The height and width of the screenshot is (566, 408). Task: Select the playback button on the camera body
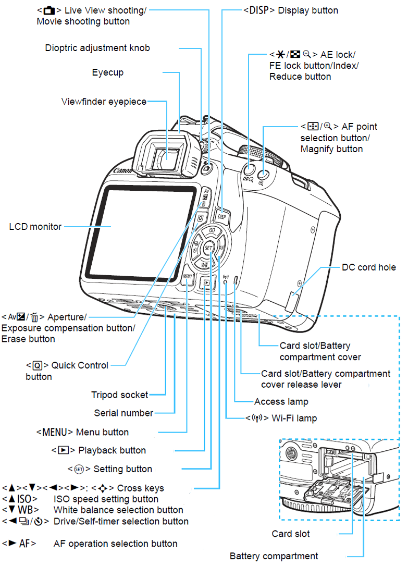point(207,283)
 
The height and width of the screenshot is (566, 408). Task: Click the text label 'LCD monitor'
point(35,227)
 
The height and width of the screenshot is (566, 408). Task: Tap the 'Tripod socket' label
point(119,395)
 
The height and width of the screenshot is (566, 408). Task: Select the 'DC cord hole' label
point(368,267)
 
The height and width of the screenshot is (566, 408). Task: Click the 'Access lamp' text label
point(281,402)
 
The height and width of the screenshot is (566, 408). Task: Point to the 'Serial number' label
point(123,413)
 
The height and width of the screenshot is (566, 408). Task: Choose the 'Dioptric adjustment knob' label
point(97,48)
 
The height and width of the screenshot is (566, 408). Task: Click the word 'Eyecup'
point(108,72)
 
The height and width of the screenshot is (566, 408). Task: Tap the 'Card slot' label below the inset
point(290,534)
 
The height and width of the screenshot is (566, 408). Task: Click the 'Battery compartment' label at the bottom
point(274,556)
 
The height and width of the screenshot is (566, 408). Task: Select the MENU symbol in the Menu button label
point(55,432)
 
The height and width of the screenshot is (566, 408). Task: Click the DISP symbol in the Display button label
point(259,10)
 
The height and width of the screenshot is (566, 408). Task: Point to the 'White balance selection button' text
point(118,510)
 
